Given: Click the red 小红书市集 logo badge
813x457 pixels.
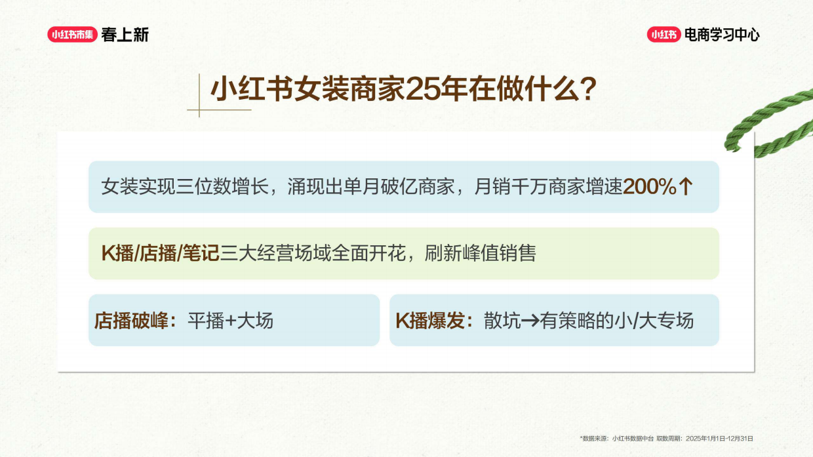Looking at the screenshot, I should tap(72, 35).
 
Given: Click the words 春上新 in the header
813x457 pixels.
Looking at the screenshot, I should tap(125, 35).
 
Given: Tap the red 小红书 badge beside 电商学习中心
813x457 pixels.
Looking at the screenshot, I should tap(664, 35).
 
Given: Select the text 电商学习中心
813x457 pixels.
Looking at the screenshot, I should tap(722, 35).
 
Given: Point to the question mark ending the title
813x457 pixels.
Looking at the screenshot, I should tap(587, 90).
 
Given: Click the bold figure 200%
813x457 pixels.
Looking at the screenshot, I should tap(650, 187).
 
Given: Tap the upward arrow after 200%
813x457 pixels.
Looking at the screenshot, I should tap(685, 187).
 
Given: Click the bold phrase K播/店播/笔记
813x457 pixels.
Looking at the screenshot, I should tap(160, 253).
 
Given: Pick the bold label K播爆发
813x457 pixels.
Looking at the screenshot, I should tap(433, 321).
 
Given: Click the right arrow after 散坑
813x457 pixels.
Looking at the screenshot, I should tap(530, 321).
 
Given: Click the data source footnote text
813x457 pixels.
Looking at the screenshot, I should tap(666, 438).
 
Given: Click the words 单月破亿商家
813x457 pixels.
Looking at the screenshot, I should tap(398, 187).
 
